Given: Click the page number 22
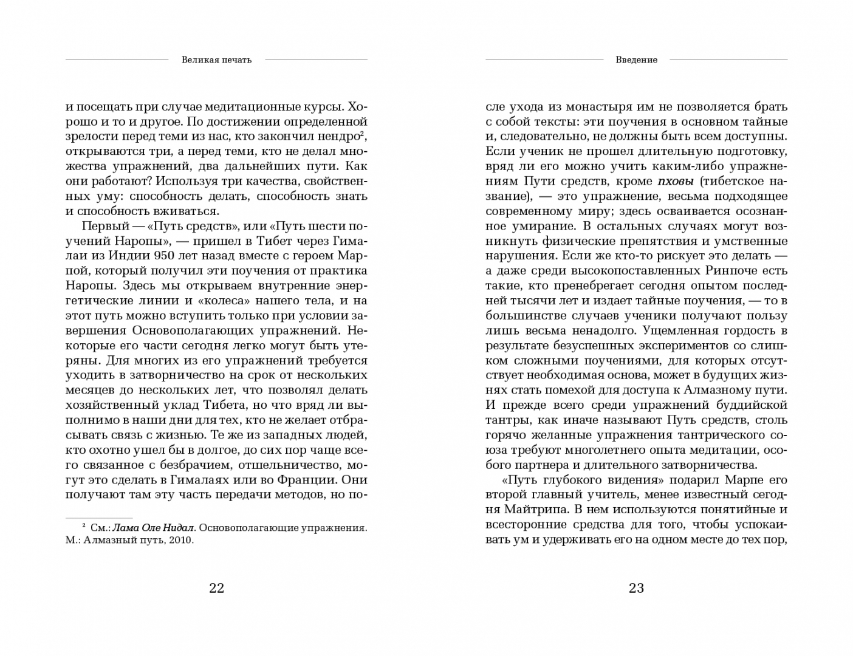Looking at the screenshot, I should (216, 588).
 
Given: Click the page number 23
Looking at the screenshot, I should (636, 588).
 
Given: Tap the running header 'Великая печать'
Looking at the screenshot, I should (216, 60).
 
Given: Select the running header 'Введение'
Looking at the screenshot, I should (636, 60).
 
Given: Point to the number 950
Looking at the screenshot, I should (168, 256).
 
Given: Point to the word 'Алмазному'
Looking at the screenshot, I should (704, 390).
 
